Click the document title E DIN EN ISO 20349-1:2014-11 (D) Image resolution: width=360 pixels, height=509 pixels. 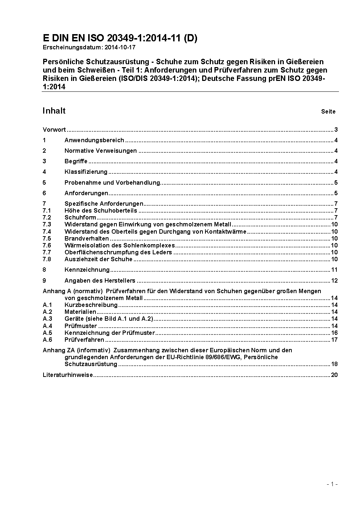[x=120, y=38]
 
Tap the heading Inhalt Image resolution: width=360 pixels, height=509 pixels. [x=54, y=111]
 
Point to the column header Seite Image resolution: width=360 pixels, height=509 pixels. [x=328, y=112]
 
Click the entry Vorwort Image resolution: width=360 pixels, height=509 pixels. [x=54, y=130]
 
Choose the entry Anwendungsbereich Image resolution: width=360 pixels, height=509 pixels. [x=94, y=140]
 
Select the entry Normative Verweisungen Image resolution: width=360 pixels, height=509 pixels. [x=101, y=151]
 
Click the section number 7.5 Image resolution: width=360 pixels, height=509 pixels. [x=47, y=239]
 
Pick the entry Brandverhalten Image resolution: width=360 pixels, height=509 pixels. [x=86, y=239]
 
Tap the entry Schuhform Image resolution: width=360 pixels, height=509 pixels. [x=80, y=218]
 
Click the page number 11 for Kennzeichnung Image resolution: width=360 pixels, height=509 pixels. [x=334, y=270]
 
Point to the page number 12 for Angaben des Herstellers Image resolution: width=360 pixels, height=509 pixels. [x=334, y=280]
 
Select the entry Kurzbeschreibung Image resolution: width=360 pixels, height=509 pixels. [x=91, y=305]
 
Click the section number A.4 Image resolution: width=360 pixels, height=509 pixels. [x=47, y=326]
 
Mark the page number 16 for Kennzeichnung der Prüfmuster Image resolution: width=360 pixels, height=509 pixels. [x=334, y=333]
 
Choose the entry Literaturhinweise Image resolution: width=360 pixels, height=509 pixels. [x=68, y=375]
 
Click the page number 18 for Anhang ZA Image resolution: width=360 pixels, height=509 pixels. [x=334, y=364]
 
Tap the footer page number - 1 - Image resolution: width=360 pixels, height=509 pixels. [x=332, y=484]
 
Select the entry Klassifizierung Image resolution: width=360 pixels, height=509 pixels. [x=86, y=172]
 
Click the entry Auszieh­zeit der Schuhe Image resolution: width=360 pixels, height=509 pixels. [x=98, y=259]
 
